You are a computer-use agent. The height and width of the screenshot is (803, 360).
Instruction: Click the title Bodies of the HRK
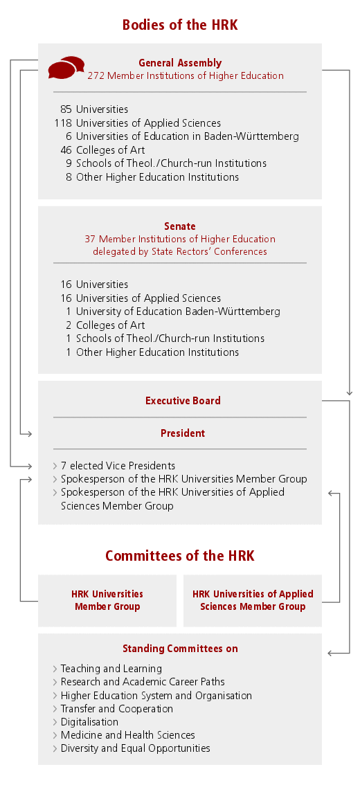(x=180, y=25)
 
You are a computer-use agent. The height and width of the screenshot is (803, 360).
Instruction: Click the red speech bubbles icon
(x=66, y=67)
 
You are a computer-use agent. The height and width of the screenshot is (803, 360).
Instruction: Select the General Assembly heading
(x=180, y=63)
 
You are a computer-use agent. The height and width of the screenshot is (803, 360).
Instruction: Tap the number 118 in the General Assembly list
(x=63, y=123)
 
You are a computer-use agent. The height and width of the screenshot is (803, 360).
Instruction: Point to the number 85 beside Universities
(x=66, y=109)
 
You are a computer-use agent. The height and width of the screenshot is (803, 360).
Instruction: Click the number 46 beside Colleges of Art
(x=66, y=150)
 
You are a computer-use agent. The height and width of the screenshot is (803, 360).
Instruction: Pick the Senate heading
(x=180, y=226)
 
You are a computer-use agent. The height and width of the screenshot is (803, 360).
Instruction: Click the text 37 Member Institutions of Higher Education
(x=180, y=240)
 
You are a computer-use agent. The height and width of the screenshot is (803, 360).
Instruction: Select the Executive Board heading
(x=183, y=401)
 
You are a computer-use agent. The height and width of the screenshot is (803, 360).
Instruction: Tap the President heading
(x=183, y=433)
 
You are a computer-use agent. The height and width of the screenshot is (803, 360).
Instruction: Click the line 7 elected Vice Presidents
(x=118, y=466)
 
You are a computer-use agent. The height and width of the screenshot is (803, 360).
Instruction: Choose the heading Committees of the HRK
(x=180, y=556)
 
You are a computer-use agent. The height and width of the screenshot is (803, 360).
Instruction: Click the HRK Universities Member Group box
(x=107, y=600)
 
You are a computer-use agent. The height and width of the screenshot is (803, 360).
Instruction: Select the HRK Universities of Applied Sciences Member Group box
(x=253, y=600)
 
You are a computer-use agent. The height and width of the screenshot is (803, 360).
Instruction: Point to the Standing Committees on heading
(x=180, y=649)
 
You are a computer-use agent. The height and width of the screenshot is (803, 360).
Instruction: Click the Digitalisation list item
(x=89, y=722)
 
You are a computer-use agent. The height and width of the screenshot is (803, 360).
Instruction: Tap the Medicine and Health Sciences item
(x=127, y=735)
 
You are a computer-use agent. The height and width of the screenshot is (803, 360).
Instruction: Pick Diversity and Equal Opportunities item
(x=135, y=748)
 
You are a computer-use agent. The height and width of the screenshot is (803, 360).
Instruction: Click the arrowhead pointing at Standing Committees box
(x=330, y=653)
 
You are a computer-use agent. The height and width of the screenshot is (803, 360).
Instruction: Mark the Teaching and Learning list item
(x=111, y=669)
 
